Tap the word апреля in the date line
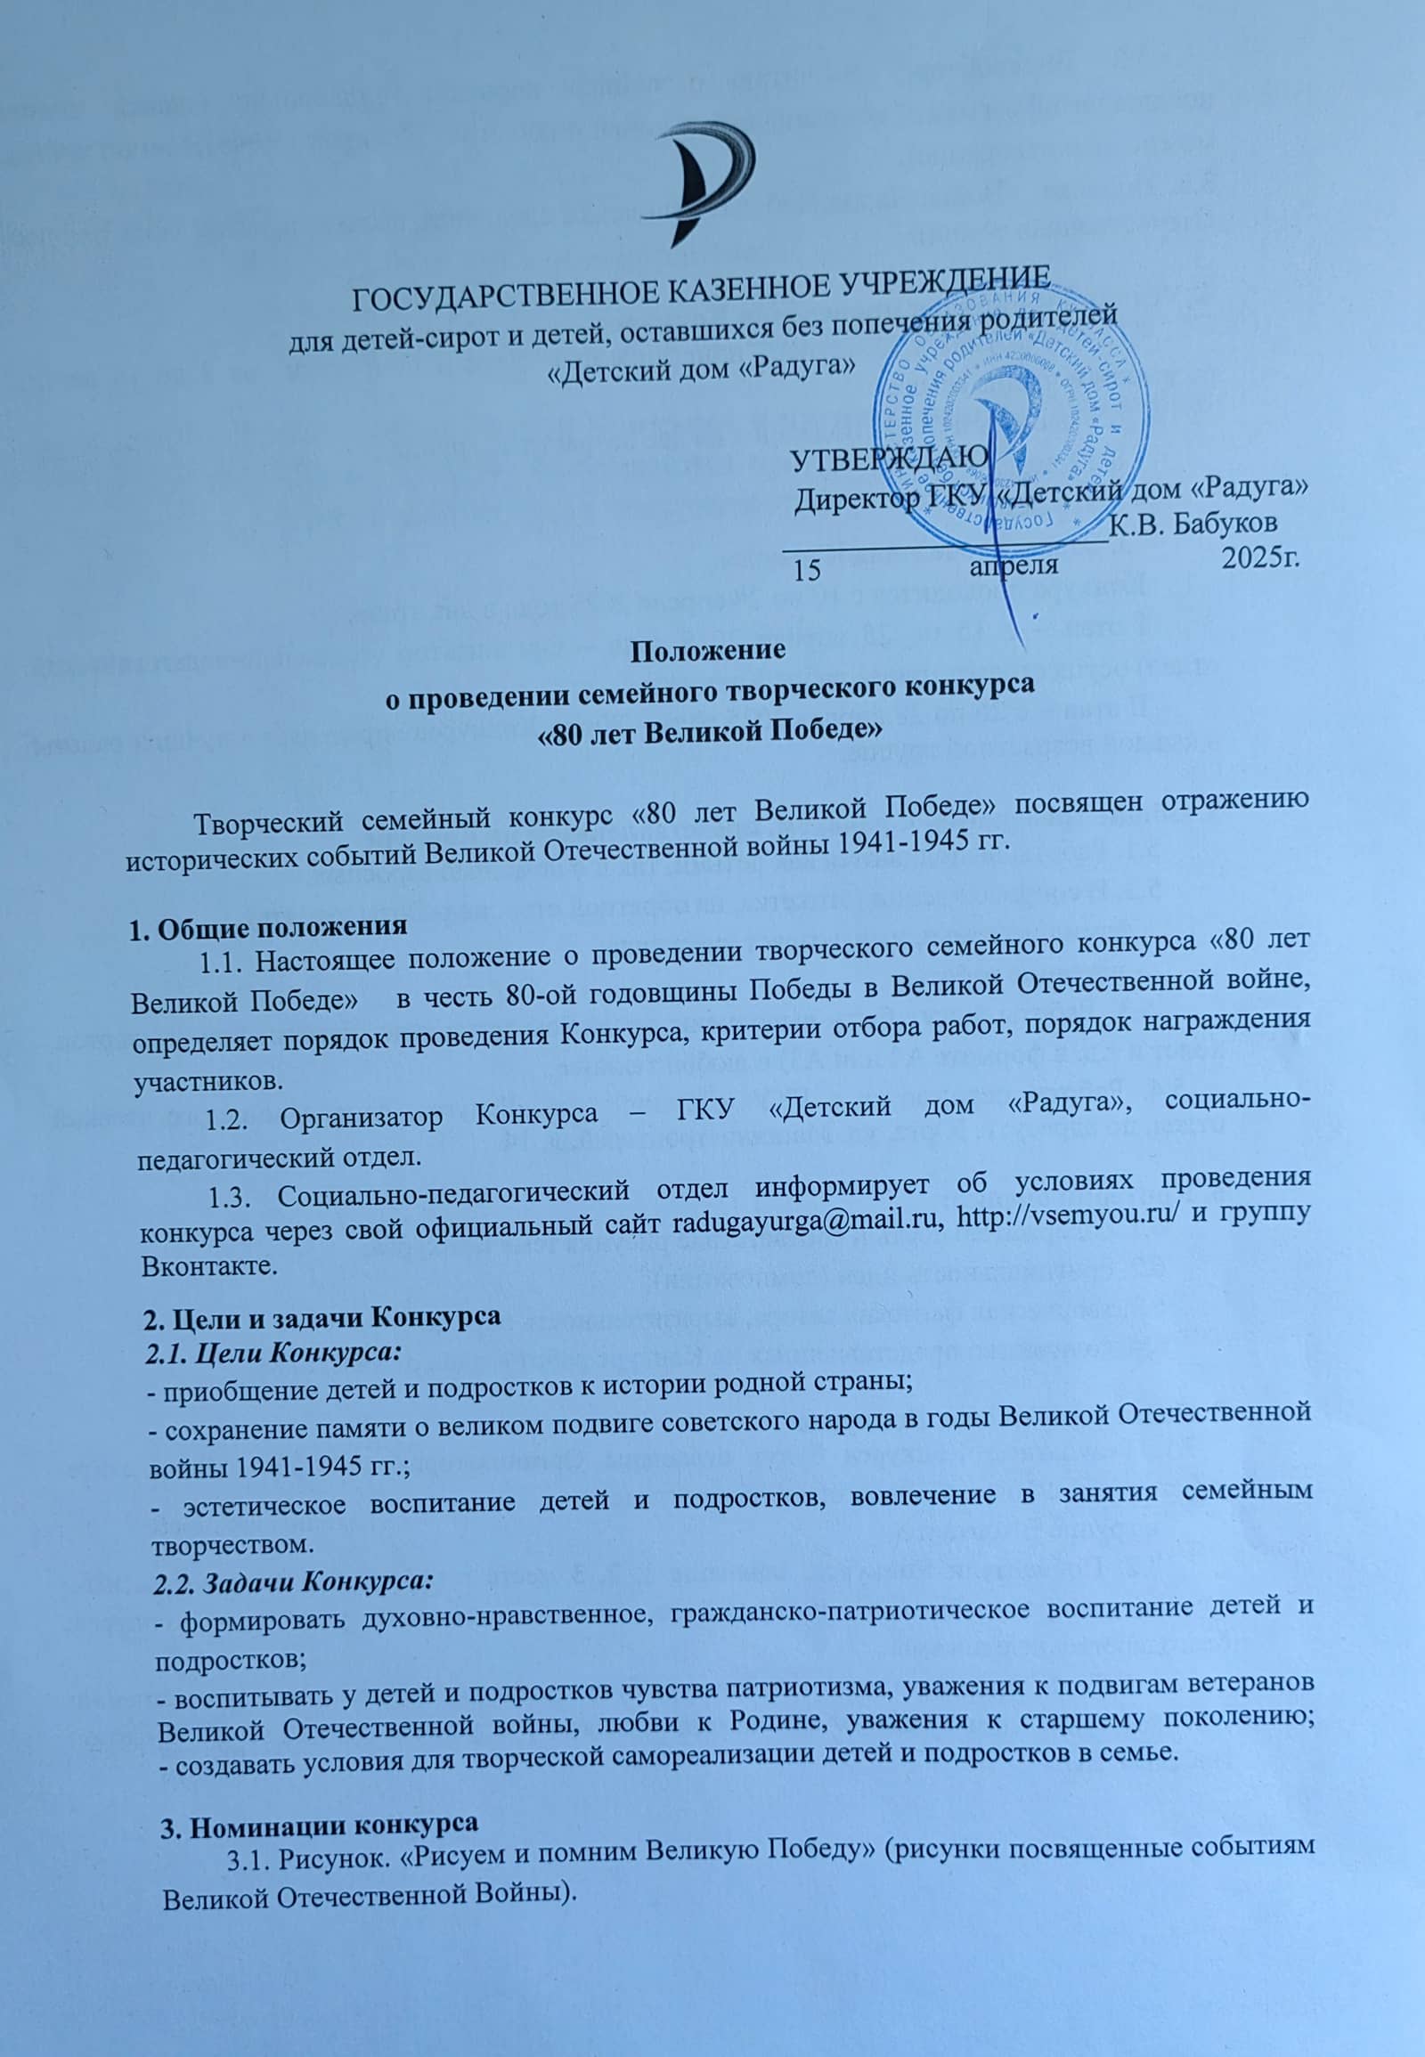[1014, 565]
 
